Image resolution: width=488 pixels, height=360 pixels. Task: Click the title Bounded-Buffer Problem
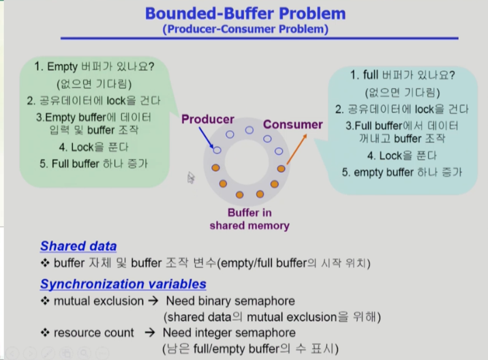pyautogui.click(x=244, y=13)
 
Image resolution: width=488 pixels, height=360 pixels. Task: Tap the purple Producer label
pyautogui.click(x=207, y=119)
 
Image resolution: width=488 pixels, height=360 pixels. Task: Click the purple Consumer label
pyautogui.click(x=292, y=124)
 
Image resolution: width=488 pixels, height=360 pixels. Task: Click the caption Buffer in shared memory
pyautogui.click(x=249, y=219)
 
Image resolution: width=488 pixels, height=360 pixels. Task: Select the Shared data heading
pyautogui.click(x=78, y=246)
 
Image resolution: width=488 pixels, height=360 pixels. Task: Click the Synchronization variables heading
pyautogui.click(x=123, y=284)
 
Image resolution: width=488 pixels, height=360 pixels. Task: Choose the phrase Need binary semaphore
pyautogui.click(x=230, y=301)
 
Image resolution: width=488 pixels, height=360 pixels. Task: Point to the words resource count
pyautogui.click(x=94, y=333)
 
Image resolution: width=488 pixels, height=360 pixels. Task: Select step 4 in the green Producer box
pyautogui.click(x=94, y=147)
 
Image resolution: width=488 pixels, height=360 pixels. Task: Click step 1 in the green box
pyautogui.click(x=94, y=67)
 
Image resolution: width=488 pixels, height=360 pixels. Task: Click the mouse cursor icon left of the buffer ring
pyautogui.click(x=192, y=177)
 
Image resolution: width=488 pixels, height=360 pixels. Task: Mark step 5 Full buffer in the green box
pyautogui.click(x=94, y=164)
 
